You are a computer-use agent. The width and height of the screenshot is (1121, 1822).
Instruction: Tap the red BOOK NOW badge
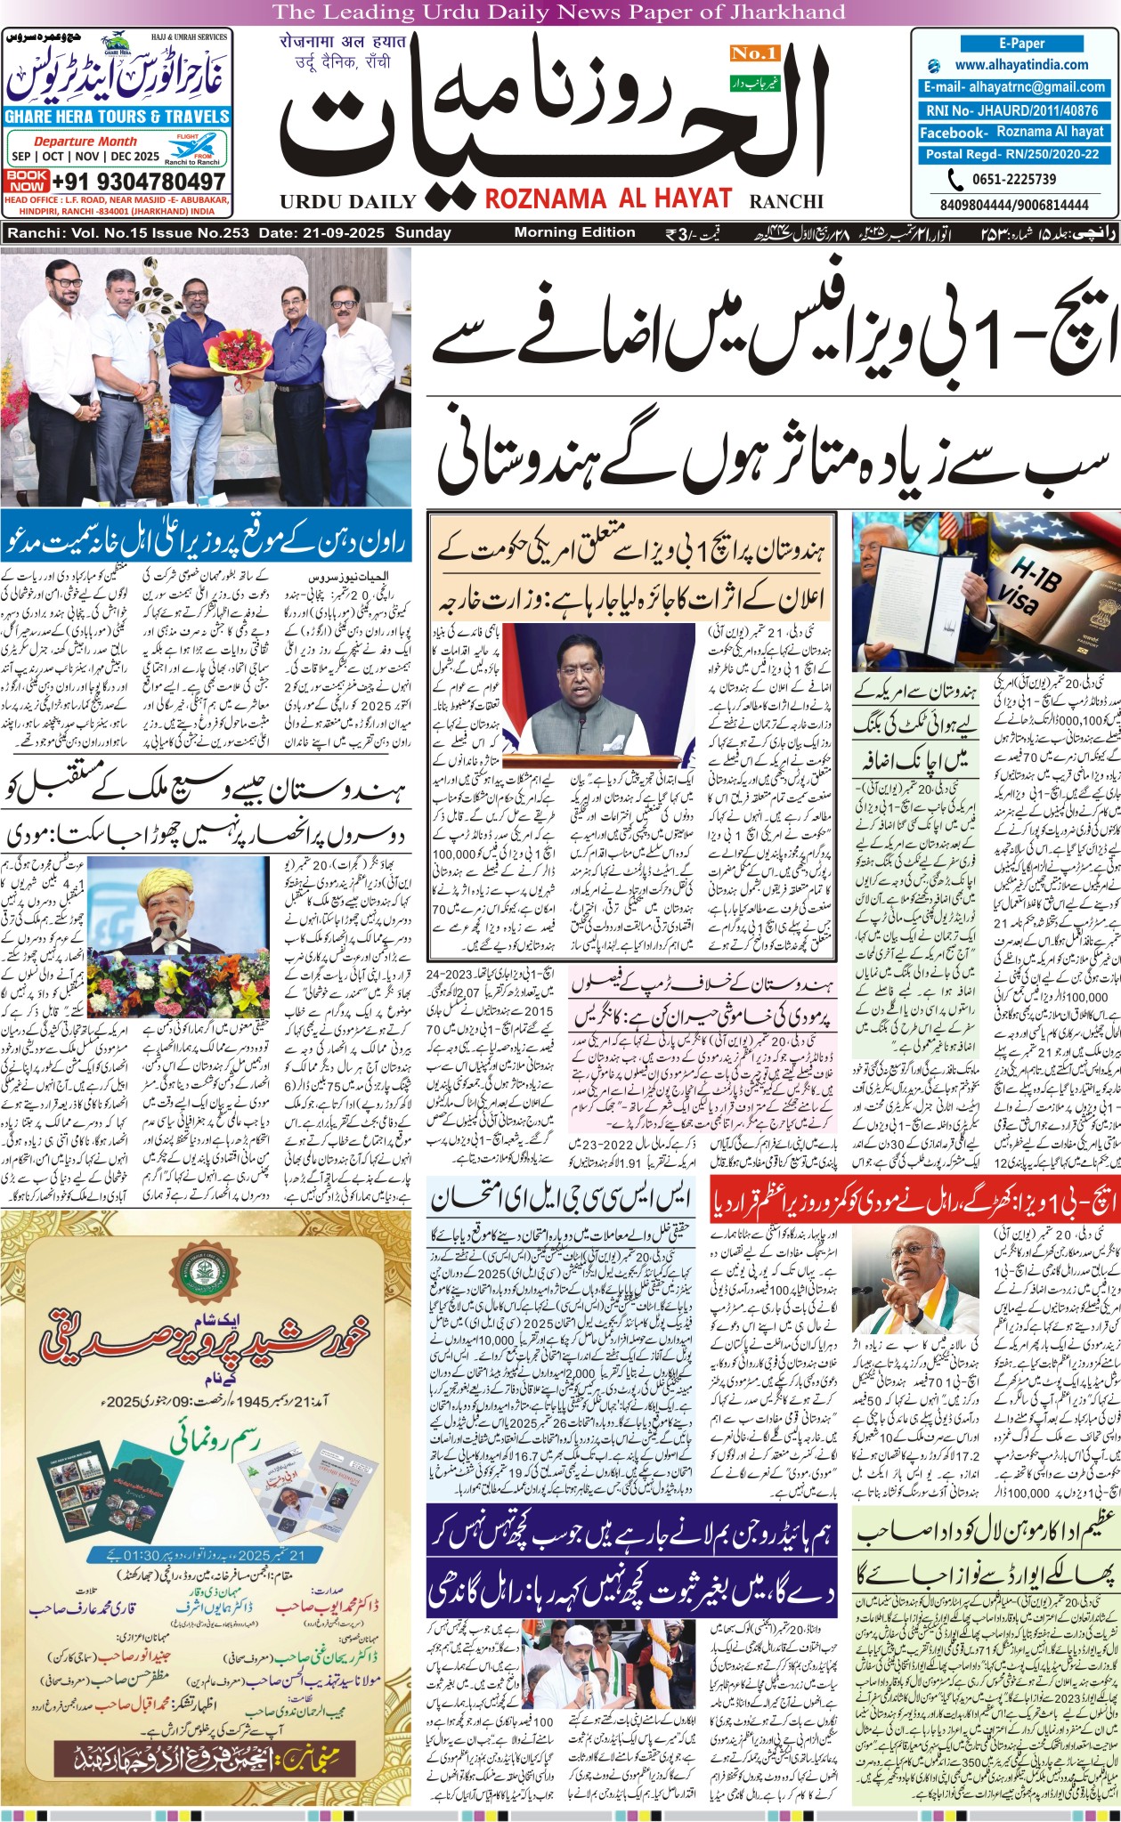point(27,181)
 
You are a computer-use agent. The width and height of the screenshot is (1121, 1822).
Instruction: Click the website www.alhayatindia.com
point(1021,65)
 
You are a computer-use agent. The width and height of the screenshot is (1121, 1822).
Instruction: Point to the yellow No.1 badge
point(755,54)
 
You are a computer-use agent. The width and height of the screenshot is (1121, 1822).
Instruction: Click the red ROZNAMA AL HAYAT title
point(608,198)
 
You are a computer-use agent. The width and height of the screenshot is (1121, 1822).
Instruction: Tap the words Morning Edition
point(574,232)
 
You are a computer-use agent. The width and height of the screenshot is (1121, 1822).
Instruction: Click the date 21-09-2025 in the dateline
point(343,233)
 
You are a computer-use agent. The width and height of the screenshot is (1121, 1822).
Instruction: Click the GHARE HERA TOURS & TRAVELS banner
point(117,117)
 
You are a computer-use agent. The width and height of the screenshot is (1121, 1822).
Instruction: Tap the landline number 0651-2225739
point(1013,179)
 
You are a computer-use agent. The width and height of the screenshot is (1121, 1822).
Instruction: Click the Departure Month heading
point(85,142)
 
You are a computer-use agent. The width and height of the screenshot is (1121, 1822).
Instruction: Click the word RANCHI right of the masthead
point(786,202)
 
